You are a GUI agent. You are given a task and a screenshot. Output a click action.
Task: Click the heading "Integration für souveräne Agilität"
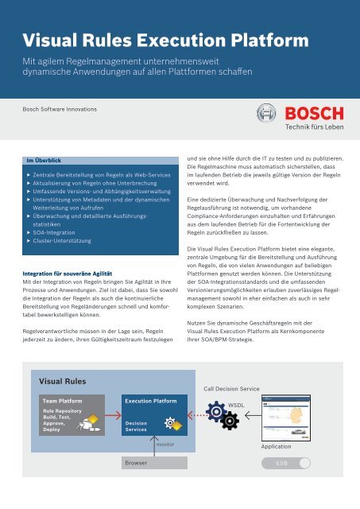(70, 273)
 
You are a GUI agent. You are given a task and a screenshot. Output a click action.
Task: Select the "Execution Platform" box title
(151, 402)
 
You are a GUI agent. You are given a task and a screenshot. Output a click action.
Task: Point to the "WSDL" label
(236, 405)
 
